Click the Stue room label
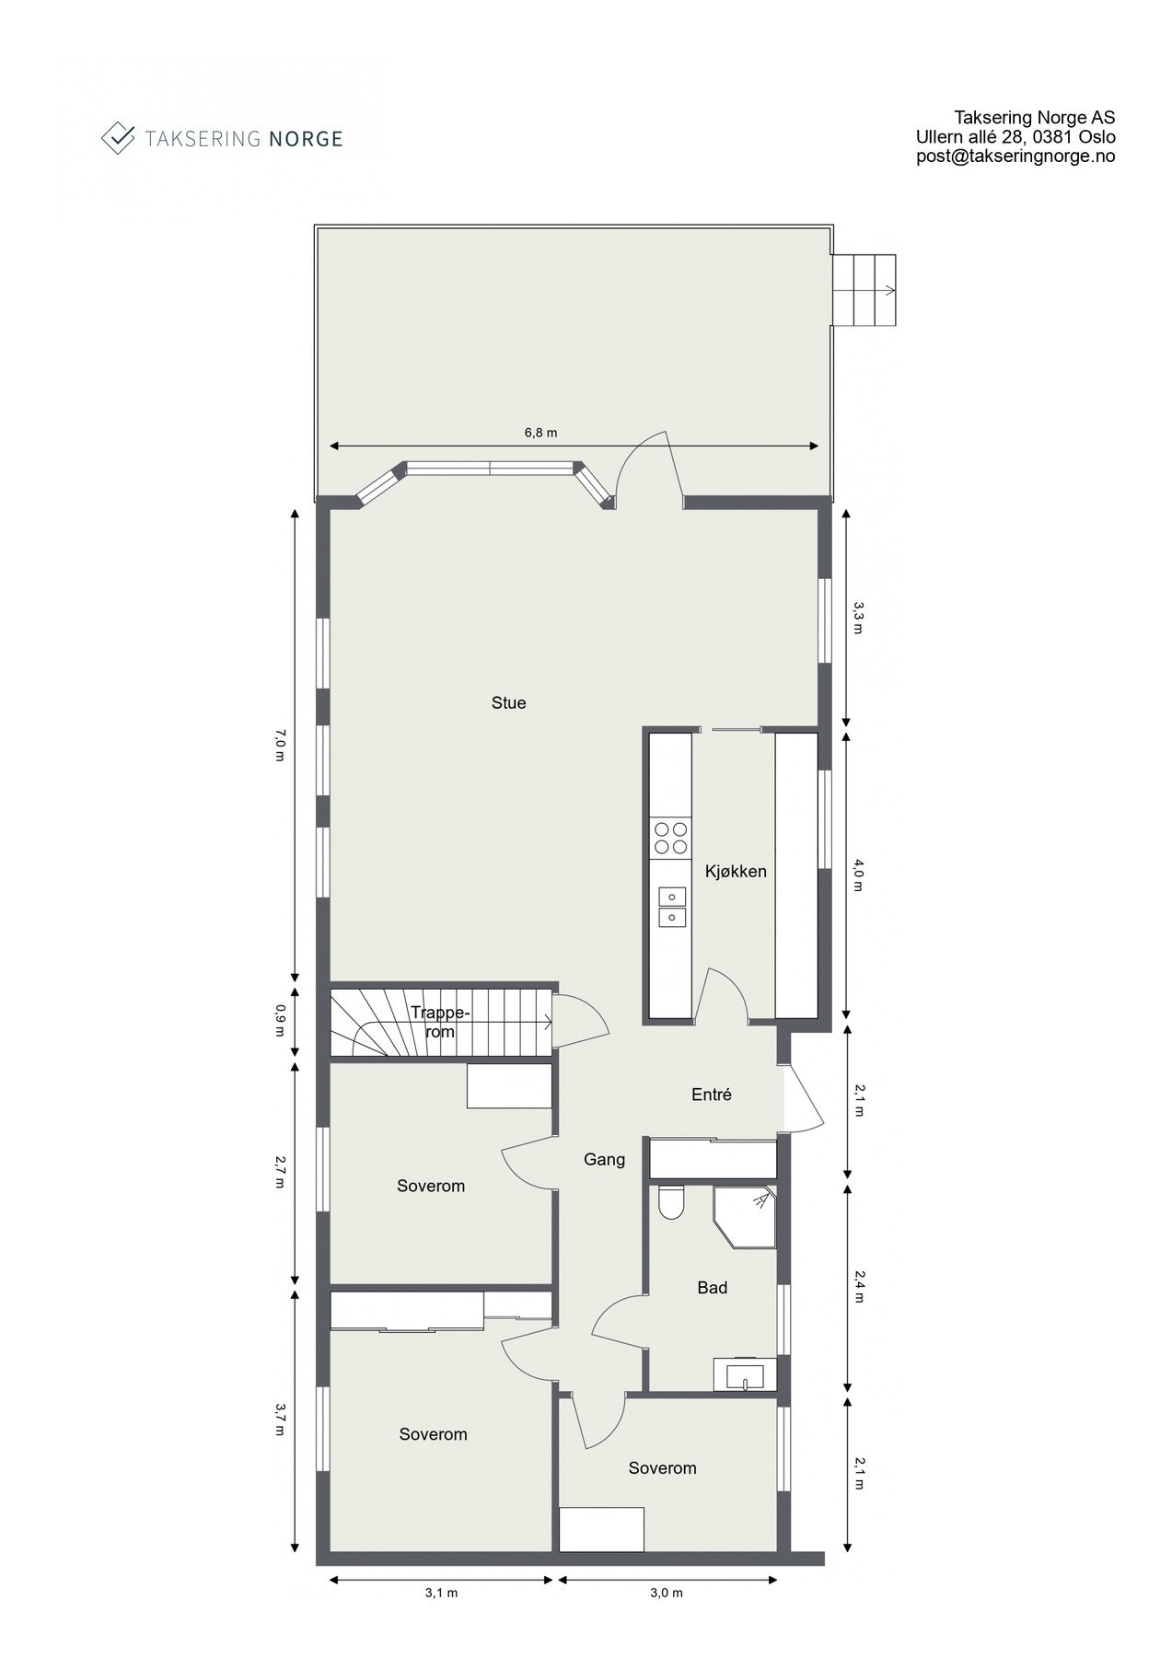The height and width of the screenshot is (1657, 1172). (x=508, y=703)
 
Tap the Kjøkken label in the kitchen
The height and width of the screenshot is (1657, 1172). (x=736, y=871)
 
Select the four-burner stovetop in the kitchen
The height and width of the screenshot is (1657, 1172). (x=670, y=838)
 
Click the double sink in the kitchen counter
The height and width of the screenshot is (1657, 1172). (x=671, y=906)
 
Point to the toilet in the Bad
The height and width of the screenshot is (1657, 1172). (x=671, y=1202)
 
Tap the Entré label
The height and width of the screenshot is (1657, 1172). (x=711, y=1095)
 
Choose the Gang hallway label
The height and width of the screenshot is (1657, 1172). (x=604, y=1160)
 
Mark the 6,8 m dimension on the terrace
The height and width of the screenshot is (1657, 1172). (x=540, y=433)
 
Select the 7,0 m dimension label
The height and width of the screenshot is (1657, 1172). (x=279, y=746)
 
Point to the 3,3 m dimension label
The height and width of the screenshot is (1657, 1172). (x=859, y=618)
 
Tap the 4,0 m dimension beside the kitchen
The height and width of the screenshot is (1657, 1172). (x=859, y=875)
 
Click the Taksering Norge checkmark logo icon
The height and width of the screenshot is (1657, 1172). (x=117, y=138)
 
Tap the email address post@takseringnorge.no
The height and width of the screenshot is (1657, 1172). (x=1015, y=156)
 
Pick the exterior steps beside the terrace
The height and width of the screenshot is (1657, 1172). (x=865, y=291)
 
